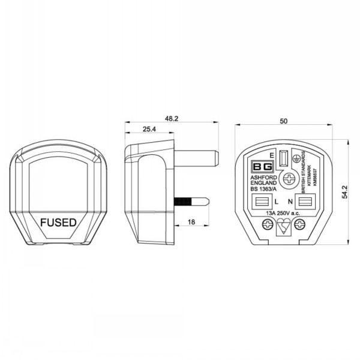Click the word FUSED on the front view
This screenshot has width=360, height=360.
point(58,222)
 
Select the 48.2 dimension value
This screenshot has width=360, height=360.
point(172,119)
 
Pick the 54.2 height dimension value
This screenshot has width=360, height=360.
point(344,190)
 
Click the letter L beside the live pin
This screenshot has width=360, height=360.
point(275,201)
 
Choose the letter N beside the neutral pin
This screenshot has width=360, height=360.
point(290,201)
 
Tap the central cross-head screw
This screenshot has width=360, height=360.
point(290,178)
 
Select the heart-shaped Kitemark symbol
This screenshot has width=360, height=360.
point(284,227)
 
